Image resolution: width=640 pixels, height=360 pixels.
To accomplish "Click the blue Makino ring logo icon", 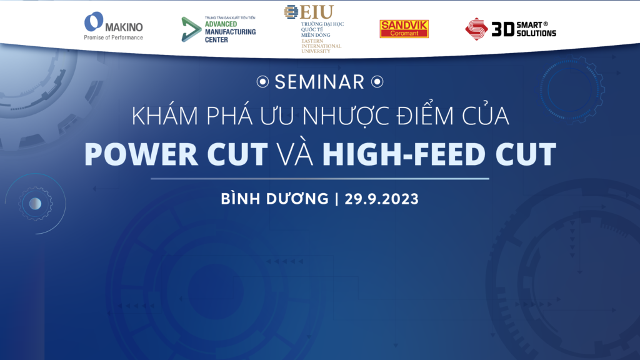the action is [x=94, y=22].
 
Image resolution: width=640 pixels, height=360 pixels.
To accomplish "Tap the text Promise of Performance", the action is [x=114, y=37].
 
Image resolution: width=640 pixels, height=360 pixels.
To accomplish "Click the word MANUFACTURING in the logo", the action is [x=230, y=32].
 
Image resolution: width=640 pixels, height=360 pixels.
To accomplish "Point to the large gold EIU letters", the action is [x=317, y=12].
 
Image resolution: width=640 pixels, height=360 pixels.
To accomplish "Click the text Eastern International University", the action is [x=321, y=46].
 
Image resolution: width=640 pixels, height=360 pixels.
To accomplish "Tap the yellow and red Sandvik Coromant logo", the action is [x=404, y=29].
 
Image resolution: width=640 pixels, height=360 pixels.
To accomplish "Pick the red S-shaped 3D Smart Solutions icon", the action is [x=476, y=29].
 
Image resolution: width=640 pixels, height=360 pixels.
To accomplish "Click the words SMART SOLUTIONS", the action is [x=536, y=29].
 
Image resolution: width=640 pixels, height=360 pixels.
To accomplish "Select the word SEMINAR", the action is [x=319, y=82].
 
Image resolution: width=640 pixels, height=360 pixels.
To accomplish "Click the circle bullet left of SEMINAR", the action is [x=263, y=82].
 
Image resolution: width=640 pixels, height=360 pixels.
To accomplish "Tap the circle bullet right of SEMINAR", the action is [x=377, y=82].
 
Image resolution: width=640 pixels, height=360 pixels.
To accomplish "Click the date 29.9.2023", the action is [x=382, y=199].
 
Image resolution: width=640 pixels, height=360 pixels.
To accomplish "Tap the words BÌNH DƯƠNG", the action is [x=275, y=198].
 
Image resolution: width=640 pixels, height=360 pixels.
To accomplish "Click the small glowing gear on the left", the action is [x=36, y=204].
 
